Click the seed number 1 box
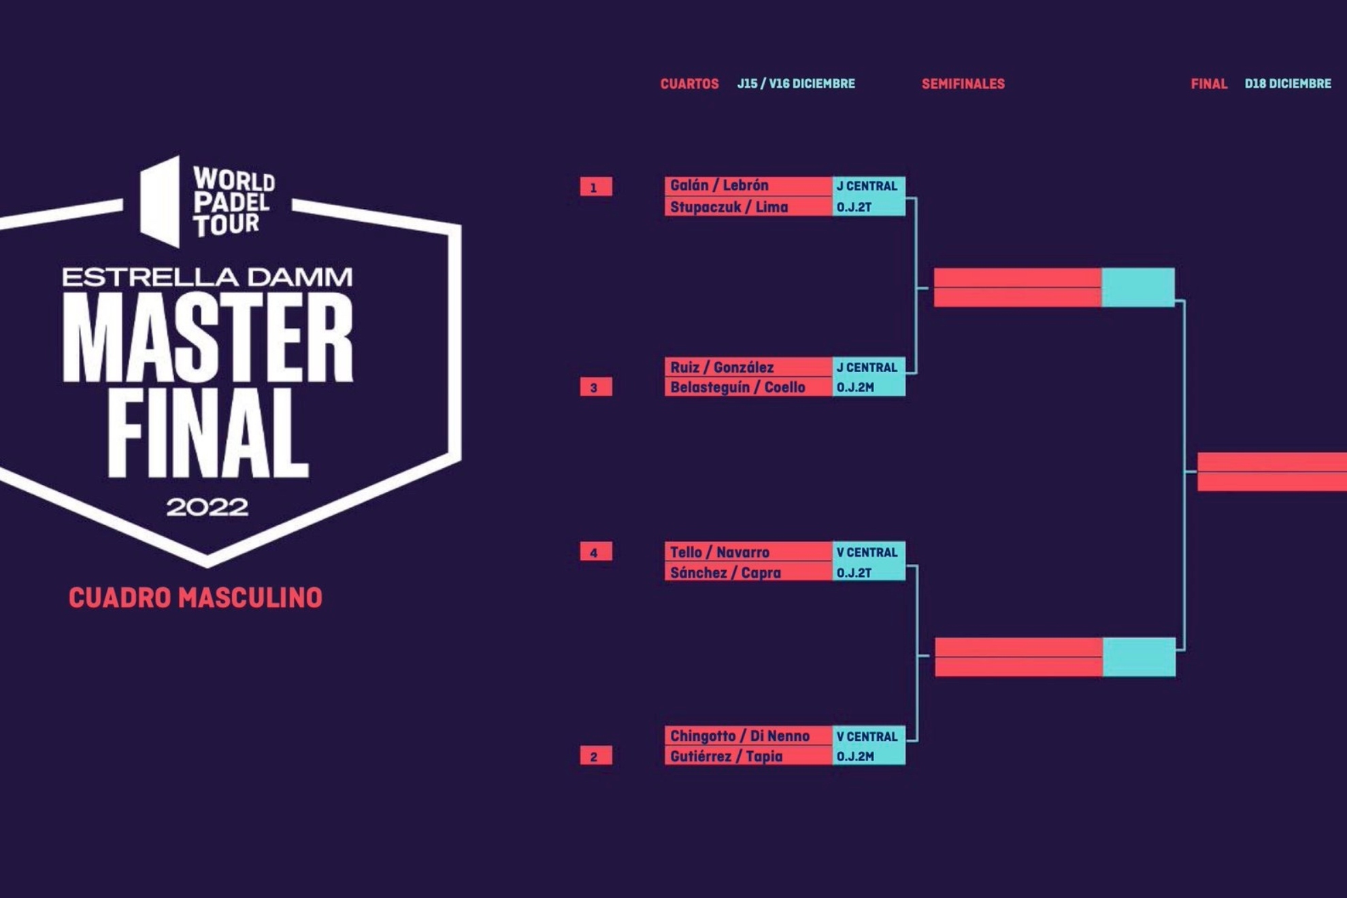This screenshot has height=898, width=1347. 596,186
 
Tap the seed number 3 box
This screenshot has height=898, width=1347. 596,387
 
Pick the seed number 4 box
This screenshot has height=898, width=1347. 596,552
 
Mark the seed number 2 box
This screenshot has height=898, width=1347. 596,756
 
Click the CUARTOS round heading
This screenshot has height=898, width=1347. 689,84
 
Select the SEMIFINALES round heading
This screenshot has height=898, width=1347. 963,84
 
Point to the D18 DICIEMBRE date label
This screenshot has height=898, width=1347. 1288,84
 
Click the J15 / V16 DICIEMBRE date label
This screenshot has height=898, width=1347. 796,84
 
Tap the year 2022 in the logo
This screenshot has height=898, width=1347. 207,507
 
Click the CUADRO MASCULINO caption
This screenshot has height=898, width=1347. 195,598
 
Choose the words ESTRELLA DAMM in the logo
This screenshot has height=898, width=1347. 207,277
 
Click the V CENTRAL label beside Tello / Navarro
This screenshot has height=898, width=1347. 867,552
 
